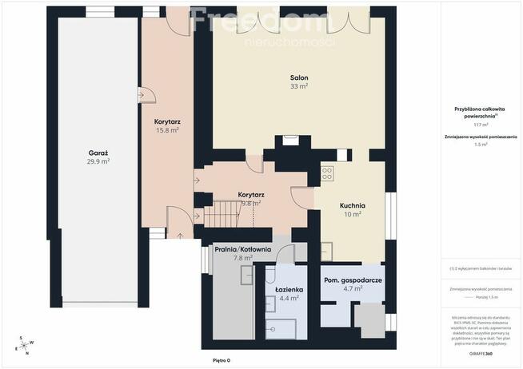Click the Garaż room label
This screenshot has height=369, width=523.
(x=98, y=151)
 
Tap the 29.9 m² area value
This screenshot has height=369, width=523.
(x=98, y=161)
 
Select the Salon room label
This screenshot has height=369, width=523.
(x=299, y=77)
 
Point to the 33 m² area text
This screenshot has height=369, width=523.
(x=299, y=86)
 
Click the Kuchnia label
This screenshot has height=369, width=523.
(x=352, y=204)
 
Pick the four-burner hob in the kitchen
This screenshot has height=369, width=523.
(x=327, y=172)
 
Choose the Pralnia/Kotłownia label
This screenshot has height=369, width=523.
(x=243, y=249)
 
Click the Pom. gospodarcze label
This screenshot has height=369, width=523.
(x=352, y=280)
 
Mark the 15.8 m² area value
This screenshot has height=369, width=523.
(x=166, y=129)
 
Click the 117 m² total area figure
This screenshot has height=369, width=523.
(x=481, y=125)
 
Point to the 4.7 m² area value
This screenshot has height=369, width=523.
(x=352, y=289)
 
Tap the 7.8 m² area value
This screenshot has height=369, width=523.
(x=243, y=258)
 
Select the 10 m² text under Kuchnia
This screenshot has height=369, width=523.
(x=352, y=213)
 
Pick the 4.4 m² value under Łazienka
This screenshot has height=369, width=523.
(x=289, y=298)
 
